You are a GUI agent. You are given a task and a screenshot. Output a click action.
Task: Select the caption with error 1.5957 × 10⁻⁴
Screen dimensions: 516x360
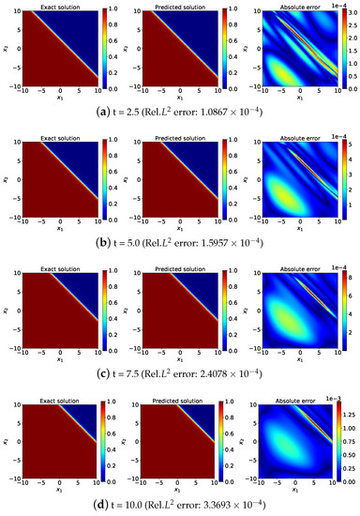(x=180, y=240)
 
